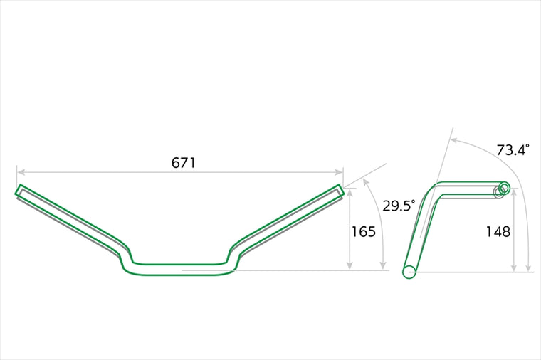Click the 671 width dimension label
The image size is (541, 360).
pyautogui.click(x=184, y=162)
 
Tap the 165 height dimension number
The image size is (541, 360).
pyautogui.click(x=363, y=232)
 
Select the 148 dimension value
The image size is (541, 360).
pyautogui.click(x=498, y=232)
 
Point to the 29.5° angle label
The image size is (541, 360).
pyautogui.click(x=399, y=206)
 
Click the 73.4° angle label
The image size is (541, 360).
pyautogui.click(x=513, y=150)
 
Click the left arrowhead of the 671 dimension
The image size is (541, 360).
pyautogui.click(x=21, y=172)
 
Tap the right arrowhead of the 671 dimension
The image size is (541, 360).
pyautogui.click(x=339, y=172)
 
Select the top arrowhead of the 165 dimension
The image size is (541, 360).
pyautogui.click(x=350, y=192)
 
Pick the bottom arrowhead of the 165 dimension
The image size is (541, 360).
pyautogui.click(x=350, y=266)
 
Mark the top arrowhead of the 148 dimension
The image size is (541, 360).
pyautogui.click(x=514, y=192)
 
